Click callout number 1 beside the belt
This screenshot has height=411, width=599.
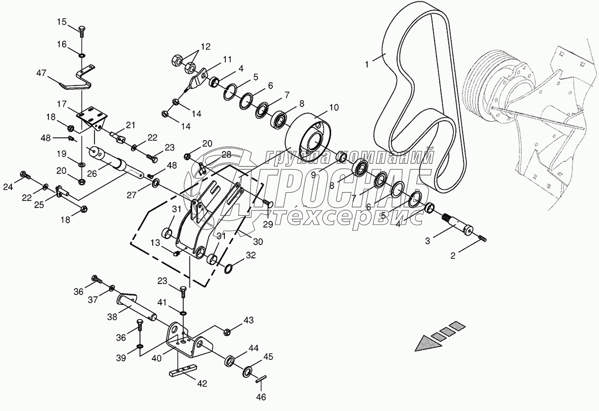(x=367, y=64)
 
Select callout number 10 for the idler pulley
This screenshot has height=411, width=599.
(x=334, y=107)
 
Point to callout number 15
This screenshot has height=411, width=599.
(x=62, y=21)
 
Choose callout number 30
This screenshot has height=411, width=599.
(x=258, y=242)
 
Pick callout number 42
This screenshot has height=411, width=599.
(x=202, y=383)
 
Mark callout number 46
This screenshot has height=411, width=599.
(x=261, y=397)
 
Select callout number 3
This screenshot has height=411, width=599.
(x=427, y=241)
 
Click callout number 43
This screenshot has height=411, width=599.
(x=248, y=320)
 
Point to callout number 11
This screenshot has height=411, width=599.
(x=227, y=59)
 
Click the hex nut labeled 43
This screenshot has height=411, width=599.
(x=226, y=331)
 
